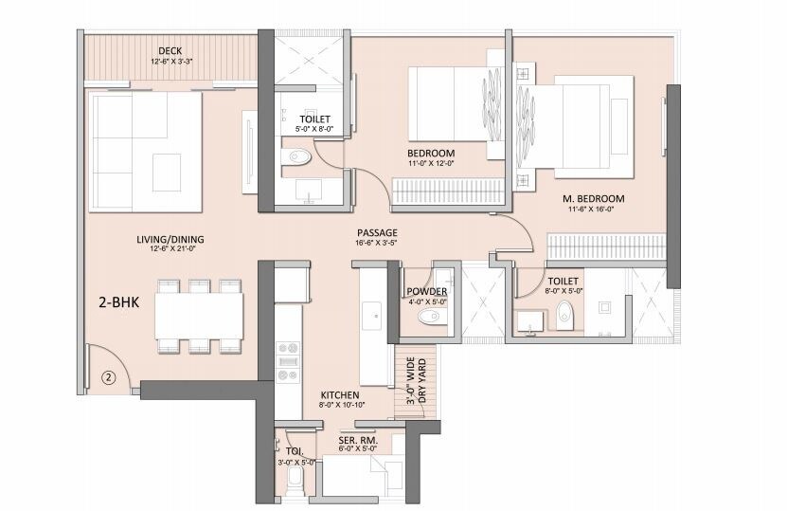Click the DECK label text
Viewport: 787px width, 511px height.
(x=170, y=49)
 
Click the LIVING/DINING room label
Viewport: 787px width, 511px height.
(x=170, y=239)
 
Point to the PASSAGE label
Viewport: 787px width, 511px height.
(x=376, y=232)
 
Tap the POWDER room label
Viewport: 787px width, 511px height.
(x=425, y=292)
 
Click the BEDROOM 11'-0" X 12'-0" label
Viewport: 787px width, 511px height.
(x=431, y=153)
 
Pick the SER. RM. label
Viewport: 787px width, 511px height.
(x=358, y=441)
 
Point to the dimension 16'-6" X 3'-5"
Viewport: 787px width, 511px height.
(x=376, y=244)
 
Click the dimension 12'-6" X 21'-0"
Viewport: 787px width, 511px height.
(x=170, y=250)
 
